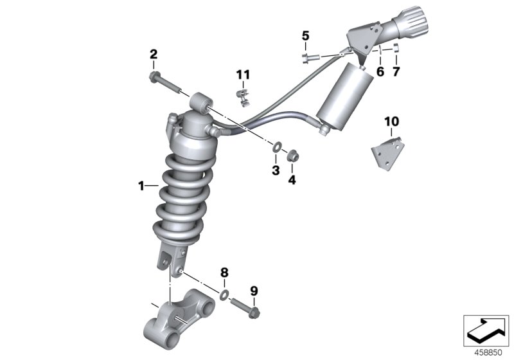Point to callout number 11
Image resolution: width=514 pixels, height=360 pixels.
[x=242, y=75]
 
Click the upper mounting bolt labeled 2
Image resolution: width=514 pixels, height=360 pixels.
[x=164, y=82]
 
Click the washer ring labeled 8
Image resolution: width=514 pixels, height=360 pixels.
[x=224, y=295]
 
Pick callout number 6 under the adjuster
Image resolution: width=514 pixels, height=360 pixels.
[x=380, y=72]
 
